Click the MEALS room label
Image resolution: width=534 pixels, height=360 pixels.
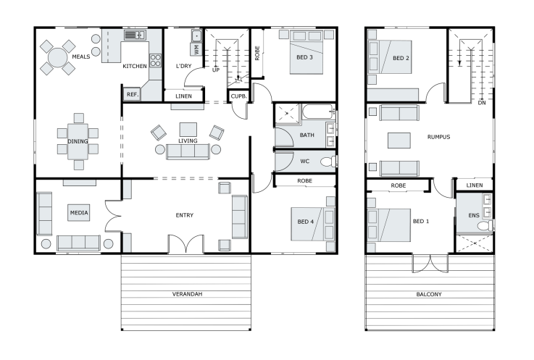coord(81,56)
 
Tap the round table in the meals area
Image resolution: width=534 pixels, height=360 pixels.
coord(57,57)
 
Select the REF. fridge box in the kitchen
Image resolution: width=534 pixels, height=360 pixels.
coord(132,94)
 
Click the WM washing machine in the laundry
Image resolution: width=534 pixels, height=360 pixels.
coord(196,49)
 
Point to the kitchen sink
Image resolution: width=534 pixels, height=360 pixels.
coord(135,35)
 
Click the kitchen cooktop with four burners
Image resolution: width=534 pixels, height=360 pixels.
coord(155,61)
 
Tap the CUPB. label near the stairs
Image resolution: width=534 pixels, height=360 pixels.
coord(238,96)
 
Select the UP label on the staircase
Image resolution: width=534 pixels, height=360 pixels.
coord(216,70)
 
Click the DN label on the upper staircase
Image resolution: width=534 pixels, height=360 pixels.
coord(482,103)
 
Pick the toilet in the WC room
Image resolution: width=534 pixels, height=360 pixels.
coord(329,162)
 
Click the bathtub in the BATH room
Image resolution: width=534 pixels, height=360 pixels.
coord(319,112)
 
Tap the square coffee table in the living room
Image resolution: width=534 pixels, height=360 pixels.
coord(188,130)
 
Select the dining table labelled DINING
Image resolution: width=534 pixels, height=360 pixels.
coord(78,141)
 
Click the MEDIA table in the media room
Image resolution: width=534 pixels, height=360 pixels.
coord(79,213)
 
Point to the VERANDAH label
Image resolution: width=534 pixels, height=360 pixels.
coord(188,294)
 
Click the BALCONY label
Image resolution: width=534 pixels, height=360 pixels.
coord(429,294)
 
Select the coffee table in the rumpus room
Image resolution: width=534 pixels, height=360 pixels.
coord(399,141)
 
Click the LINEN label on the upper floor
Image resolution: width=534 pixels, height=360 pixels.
coord(475,185)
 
